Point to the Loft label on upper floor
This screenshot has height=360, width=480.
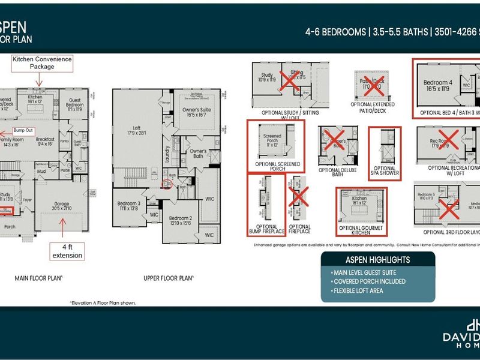pos(138,129)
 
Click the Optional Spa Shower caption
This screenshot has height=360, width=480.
pos(385,172)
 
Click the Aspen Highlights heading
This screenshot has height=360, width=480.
pos(378,260)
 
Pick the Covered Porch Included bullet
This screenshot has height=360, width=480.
pos(368,281)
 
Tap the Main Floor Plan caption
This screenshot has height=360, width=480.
pos(39,278)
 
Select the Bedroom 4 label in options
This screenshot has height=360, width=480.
pos(438,85)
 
